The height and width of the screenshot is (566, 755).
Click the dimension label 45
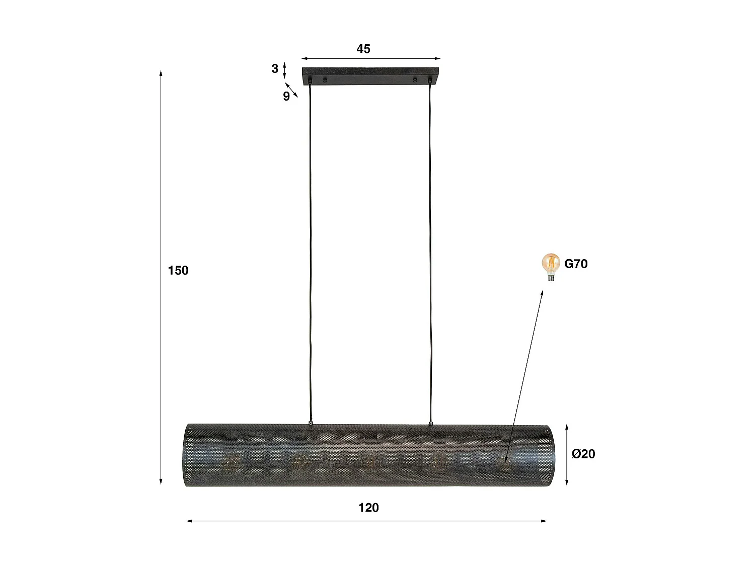point(363,49)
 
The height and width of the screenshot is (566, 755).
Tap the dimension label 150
point(178,271)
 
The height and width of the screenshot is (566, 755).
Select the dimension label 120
point(368,508)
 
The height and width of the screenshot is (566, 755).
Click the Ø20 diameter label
point(583,454)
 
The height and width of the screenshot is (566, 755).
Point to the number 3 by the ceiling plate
point(275,68)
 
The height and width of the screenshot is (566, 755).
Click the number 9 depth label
point(286,97)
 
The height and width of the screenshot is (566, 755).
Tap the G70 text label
point(576,264)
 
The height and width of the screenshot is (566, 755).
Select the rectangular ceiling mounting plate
point(370,75)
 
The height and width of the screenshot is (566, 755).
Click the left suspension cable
point(310,252)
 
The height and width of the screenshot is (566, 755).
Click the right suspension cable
point(430,252)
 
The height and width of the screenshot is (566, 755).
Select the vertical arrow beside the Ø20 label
point(567,454)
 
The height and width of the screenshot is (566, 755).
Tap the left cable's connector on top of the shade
point(311,423)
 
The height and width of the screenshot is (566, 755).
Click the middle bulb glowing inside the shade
point(370,460)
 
